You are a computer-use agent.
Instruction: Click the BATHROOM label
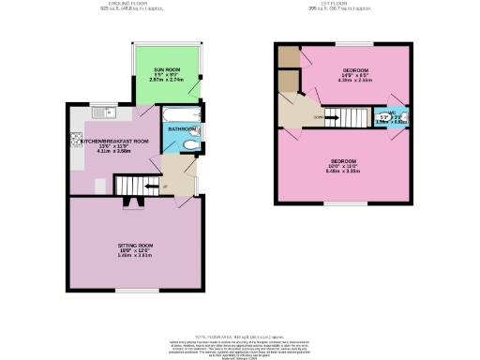(x=182, y=128)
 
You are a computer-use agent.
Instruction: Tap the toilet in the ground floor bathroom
(x=190, y=145)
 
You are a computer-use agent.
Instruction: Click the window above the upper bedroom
(x=354, y=44)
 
